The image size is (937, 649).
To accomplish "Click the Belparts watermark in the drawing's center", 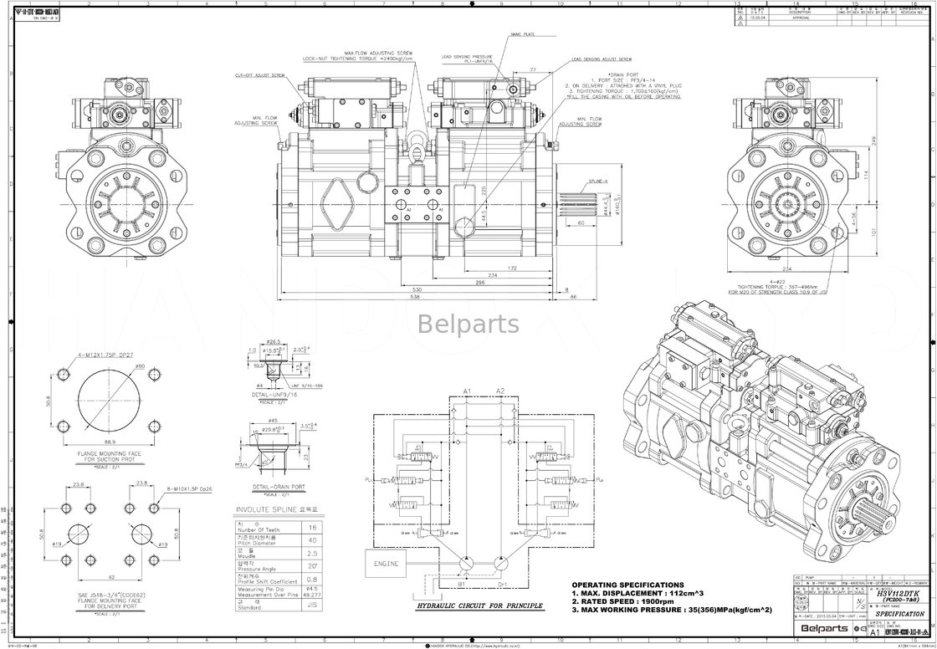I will click(x=468, y=324).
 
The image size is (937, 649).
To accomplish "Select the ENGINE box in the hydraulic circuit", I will click(x=387, y=564).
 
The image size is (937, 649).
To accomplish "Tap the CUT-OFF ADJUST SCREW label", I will click(x=260, y=75).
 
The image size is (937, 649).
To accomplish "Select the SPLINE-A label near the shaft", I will click(x=598, y=181).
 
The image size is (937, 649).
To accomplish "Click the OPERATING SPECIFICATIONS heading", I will click(x=627, y=585).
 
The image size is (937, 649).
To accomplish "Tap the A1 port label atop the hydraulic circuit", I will click(x=466, y=391).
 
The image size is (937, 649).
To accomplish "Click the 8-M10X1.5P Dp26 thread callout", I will click(x=188, y=488).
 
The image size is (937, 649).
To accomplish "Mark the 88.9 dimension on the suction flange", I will click(x=110, y=441).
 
